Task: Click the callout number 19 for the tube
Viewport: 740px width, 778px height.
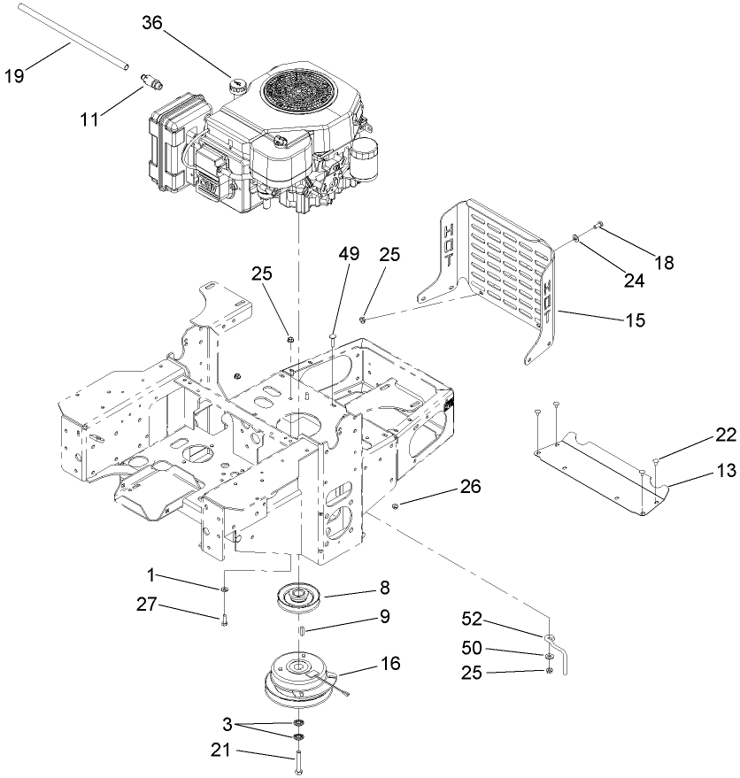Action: click(16, 77)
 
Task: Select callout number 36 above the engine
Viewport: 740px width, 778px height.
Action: click(154, 24)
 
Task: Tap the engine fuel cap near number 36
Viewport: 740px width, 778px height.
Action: click(237, 86)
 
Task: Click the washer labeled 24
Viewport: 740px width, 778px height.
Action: click(576, 238)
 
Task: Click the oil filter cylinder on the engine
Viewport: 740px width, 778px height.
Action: click(365, 165)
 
